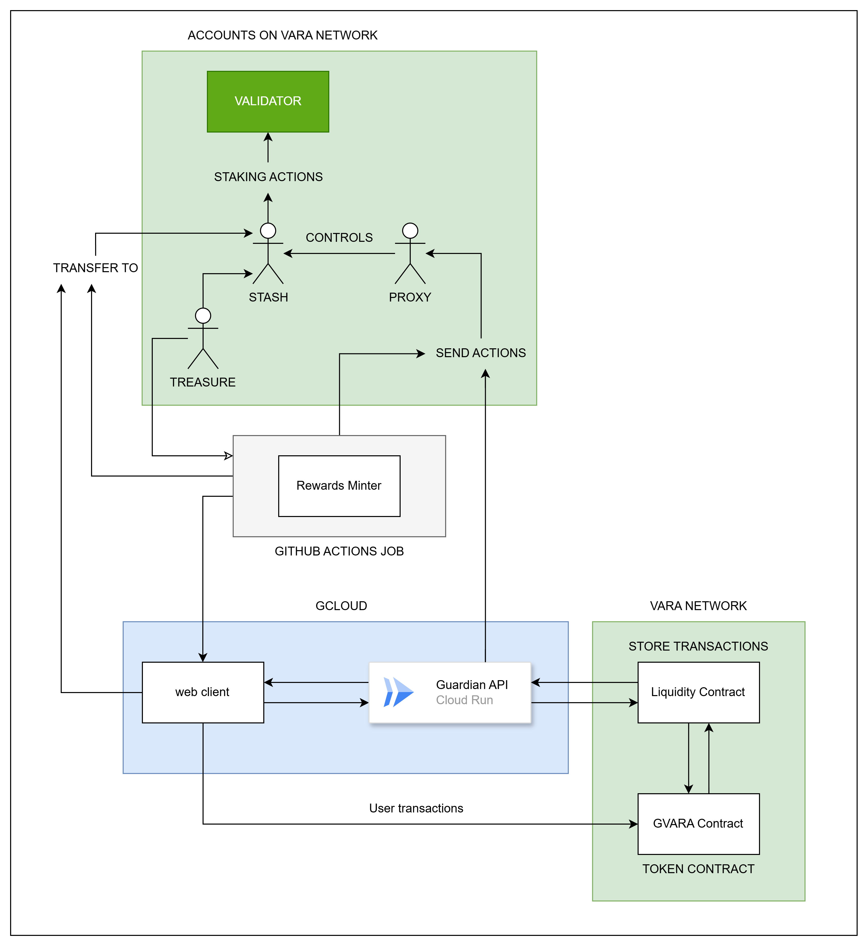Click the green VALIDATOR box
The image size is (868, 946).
tap(268, 101)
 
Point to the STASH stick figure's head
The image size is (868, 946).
tap(268, 231)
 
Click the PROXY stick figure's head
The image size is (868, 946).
tap(410, 231)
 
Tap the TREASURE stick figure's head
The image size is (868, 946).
tap(203, 316)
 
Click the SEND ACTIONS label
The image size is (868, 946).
tap(481, 353)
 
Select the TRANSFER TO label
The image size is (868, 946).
tap(95, 268)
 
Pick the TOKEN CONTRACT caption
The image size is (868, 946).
tap(698, 869)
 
